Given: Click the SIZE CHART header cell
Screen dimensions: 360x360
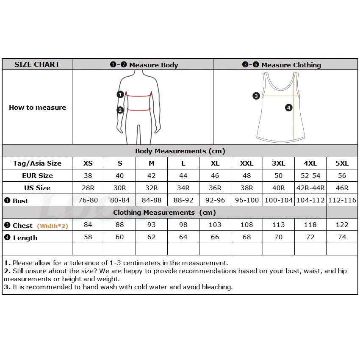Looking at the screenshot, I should point(37,64).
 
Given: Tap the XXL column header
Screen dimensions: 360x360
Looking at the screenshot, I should point(247,163).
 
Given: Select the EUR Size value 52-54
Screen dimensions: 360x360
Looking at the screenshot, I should point(310,175).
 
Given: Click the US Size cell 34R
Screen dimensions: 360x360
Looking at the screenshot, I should point(183,188).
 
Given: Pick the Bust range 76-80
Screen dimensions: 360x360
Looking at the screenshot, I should point(88,200).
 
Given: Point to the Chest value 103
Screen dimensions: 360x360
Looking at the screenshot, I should point(215,225).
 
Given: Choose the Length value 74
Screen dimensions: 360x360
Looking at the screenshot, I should point(342,237).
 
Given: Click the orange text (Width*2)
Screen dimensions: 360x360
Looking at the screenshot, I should point(53,226).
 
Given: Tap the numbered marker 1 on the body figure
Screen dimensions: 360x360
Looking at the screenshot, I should point(120,94).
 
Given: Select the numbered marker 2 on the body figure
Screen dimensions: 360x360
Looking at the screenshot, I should point(120,110).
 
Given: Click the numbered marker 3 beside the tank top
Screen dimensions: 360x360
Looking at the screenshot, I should point(256,96).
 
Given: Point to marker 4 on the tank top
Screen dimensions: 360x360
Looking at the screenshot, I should point(289,108).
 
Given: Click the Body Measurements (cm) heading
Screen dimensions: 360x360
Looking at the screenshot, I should point(180,151).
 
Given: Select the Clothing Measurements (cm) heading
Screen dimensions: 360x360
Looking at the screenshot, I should point(164,212).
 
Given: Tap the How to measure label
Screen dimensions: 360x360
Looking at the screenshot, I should point(37,107).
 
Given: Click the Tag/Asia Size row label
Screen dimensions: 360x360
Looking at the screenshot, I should point(37,163).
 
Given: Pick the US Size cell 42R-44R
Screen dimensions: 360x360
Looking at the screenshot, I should point(310,188).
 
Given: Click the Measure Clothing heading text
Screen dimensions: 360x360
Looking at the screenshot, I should point(291,65).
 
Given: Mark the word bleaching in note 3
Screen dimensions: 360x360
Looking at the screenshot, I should point(216,287).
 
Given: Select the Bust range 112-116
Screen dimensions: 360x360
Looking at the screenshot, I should point(342,200).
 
